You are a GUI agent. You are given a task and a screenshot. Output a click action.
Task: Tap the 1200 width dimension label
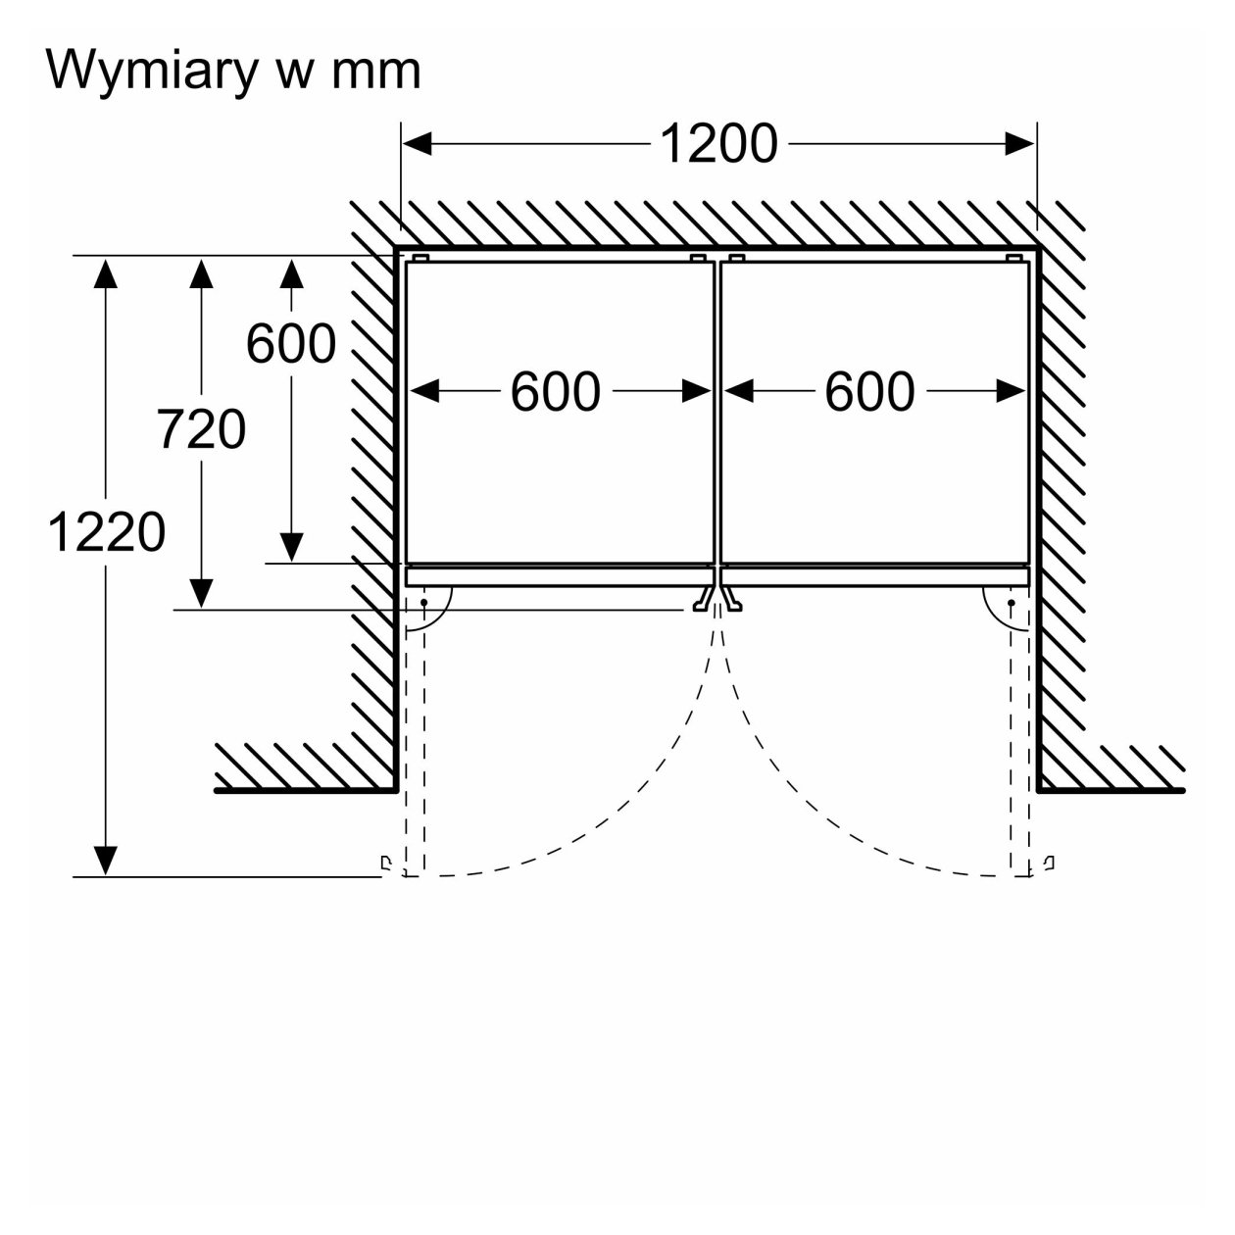click(x=718, y=144)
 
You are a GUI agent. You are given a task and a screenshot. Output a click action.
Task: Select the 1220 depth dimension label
click(x=107, y=532)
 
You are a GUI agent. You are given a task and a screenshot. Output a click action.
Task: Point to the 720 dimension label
click(x=201, y=429)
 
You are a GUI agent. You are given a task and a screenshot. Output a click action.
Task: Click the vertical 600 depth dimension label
click(x=291, y=344)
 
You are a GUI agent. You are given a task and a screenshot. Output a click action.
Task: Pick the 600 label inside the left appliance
click(x=556, y=392)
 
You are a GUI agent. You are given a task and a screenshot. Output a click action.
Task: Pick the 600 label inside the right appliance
click(x=869, y=392)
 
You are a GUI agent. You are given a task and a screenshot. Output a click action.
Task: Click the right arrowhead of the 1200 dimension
click(x=1019, y=144)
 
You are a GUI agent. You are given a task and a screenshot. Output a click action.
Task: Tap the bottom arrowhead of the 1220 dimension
click(x=106, y=861)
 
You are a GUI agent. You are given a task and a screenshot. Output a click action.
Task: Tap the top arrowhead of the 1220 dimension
click(x=106, y=273)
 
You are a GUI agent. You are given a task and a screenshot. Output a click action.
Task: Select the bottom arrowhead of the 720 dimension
click(x=201, y=593)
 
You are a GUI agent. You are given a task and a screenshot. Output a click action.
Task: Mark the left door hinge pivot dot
click(x=423, y=603)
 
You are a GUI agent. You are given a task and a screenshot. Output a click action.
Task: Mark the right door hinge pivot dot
click(x=1012, y=603)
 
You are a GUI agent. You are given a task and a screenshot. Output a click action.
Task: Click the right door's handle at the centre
click(x=731, y=599)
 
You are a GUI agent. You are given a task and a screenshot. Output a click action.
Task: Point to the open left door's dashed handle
click(x=386, y=863)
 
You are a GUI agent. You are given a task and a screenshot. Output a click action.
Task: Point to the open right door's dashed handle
click(x=1049, y=863)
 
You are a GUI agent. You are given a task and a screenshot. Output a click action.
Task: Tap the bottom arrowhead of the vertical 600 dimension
click(x=292, y=548)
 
